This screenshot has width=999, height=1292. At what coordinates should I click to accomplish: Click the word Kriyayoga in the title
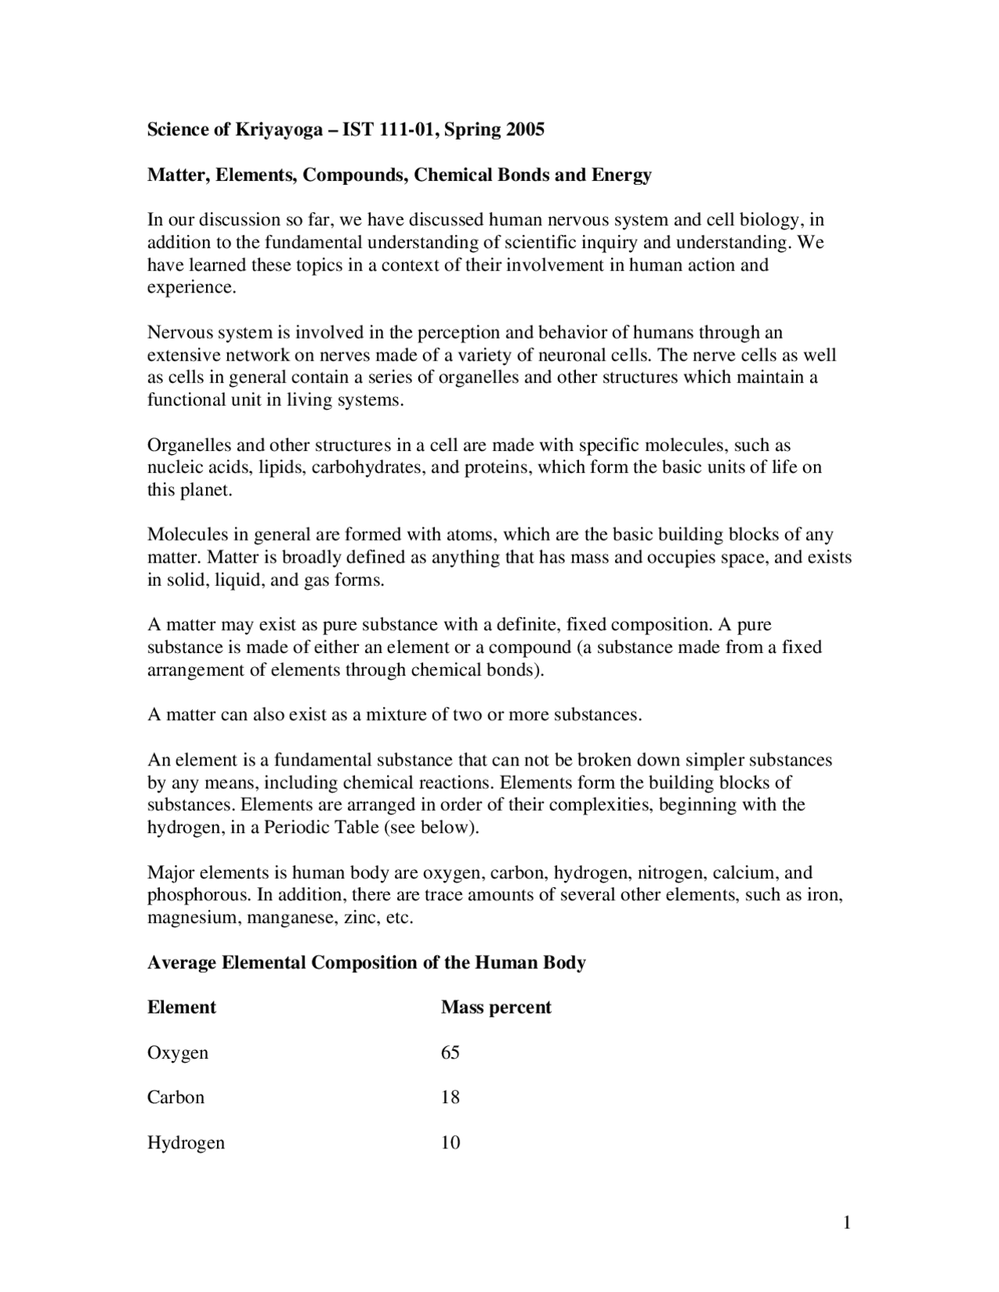[279, 130]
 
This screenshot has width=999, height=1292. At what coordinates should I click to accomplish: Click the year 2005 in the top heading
[524, 130]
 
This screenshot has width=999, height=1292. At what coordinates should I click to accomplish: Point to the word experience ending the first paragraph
[190, 287]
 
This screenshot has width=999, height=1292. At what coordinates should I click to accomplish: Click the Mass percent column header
[496, 1007]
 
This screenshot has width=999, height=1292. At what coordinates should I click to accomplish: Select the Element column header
[181, 1007]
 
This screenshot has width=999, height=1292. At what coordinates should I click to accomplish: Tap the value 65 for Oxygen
[450, 1052]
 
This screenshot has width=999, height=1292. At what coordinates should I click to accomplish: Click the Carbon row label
[176, 1098]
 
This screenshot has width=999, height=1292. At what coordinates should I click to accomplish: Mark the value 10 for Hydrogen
[450, 1143]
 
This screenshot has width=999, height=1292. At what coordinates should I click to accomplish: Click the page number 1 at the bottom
[846, 1223]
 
